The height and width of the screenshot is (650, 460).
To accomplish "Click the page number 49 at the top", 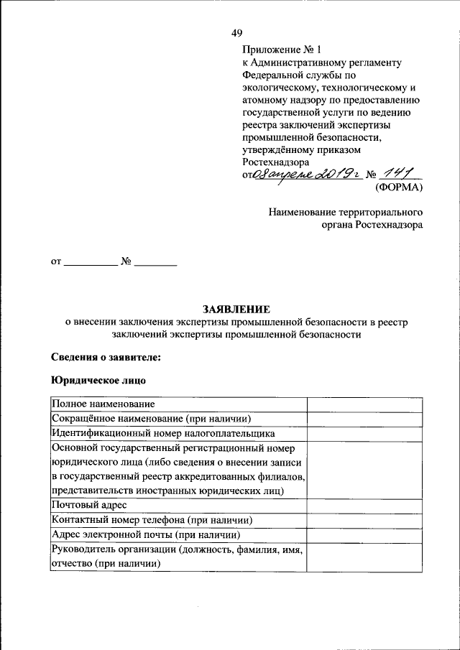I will coord(237,32).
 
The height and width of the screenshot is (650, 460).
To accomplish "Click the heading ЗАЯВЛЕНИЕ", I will coord(236,310).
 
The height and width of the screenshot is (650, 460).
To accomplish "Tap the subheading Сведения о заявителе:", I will coord(106,357).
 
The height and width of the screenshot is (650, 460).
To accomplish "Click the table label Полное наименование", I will coord(103,405).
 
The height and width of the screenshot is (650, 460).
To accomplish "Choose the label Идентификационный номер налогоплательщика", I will coord(163,434).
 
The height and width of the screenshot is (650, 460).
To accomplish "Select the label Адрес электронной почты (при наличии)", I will coord(146,534).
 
